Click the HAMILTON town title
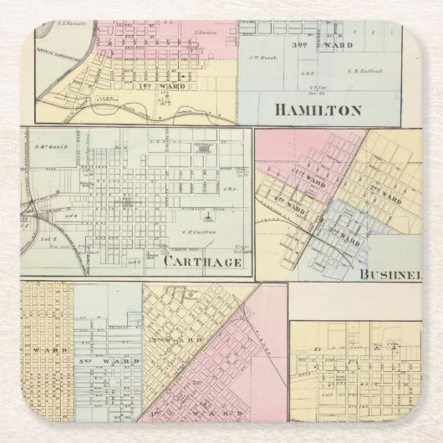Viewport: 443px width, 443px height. (318, 109)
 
